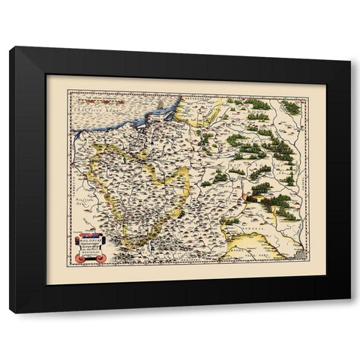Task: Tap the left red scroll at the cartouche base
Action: click(x=82, y=259)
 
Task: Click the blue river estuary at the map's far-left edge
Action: click(x=77, y=133)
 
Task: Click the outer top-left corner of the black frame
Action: click(x=10, y=46)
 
